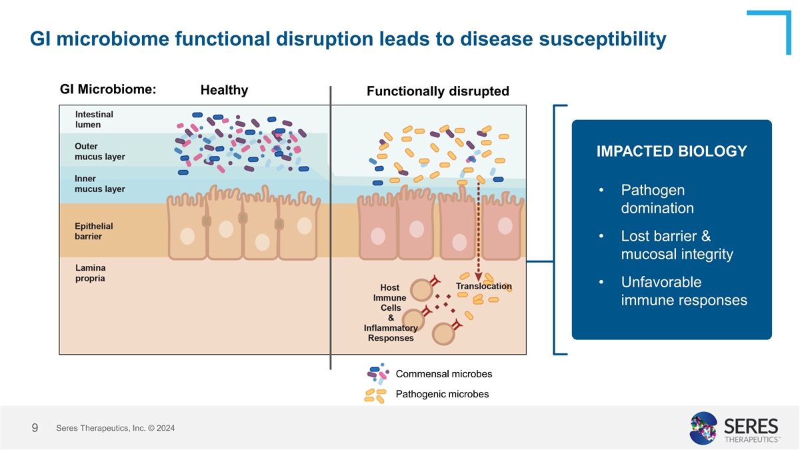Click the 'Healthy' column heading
tap(224, 90)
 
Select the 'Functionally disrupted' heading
tap(438, 91)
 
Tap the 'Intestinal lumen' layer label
tap(94, 119)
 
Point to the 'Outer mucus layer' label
tap(99, 151)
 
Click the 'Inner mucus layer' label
tap(99, 183)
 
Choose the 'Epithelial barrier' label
tap(93, 231)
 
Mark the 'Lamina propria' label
tap(90, 273)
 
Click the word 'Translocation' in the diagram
tap(483, 286)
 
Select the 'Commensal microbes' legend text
tap(443, 373)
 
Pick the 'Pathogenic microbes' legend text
tap(442, 394)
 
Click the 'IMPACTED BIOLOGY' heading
tap(671, 151)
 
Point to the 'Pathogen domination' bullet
tap(657, 199)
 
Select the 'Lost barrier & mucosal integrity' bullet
tap(676, 245)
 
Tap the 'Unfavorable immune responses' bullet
tap(683, 291)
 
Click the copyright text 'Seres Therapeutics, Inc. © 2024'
tap(116, 428)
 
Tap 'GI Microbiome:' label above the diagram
tap(108, 89)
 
